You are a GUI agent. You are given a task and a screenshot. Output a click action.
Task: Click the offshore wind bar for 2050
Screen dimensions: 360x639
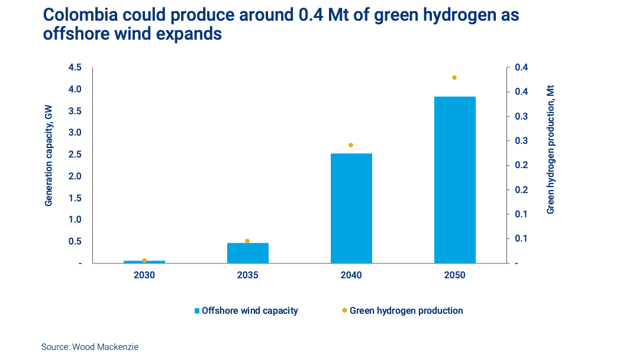pos(454,179)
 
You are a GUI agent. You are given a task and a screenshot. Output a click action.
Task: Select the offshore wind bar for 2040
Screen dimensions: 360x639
pos(351,208)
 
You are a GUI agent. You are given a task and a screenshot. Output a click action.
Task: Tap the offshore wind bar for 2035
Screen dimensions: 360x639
pos(247,253)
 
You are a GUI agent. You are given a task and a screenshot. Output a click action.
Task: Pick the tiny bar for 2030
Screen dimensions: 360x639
pos(144,262)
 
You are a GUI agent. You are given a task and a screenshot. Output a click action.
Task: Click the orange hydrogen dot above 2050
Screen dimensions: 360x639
pos(454,78)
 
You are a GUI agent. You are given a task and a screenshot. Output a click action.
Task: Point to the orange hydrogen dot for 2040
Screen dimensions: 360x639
pos(351,145)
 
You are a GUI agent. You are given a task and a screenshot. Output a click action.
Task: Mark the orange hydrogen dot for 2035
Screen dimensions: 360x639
pos(247,241)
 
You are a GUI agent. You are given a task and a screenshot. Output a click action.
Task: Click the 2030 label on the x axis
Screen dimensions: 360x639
pos(144,275)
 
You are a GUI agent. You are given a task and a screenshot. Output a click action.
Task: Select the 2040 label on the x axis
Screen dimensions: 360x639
pos(351,275)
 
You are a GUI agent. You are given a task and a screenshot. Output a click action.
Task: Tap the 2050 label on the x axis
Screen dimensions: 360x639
pos(454,275)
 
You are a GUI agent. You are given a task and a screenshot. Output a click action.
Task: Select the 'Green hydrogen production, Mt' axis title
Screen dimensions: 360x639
pos(550,149)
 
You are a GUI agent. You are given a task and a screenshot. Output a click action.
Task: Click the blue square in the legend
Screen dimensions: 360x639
pos(197,311)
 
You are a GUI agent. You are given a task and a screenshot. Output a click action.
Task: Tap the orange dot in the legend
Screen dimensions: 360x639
pos(344,310)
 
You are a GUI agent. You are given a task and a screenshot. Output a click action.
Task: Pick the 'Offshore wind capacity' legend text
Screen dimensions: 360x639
pos(250,310)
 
